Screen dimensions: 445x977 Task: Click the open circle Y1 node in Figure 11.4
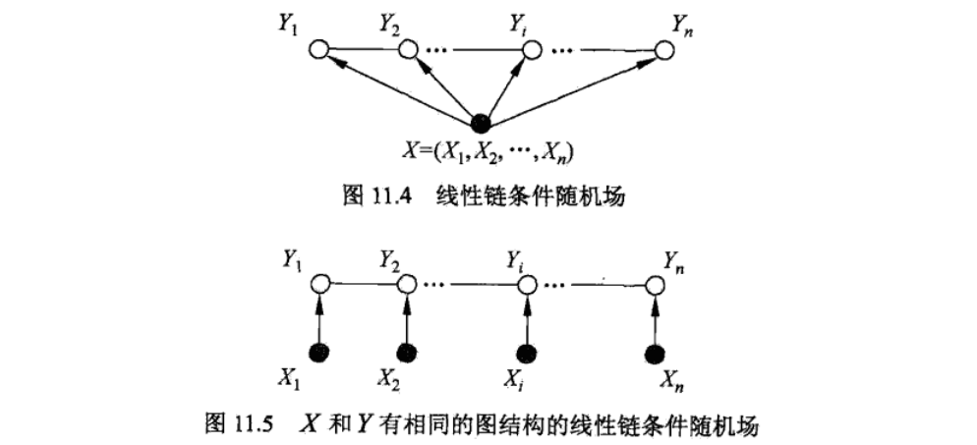(x=317, y=48)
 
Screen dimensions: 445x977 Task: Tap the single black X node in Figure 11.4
(x=481, y=123)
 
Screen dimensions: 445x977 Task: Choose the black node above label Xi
(x=528, y=352)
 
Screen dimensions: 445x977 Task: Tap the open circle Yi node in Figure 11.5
(x=528, y=285)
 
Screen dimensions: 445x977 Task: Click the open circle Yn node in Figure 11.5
(x=656, y=285)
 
